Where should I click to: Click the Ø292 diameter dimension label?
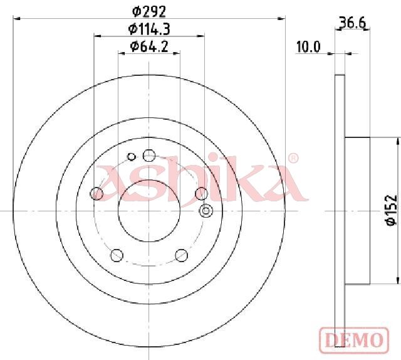click(149, 11)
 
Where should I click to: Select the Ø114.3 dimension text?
click(149, 29)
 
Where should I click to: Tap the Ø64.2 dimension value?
click(149, 46)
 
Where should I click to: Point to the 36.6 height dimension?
click(352, 23)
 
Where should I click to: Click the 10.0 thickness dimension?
click(308, 47)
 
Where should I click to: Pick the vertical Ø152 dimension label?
click(391, 210)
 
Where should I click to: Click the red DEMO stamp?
click(354, 339)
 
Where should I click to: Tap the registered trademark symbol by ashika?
click(293, 158)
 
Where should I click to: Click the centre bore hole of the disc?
click(149, 211)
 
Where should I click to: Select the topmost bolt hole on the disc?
click(149, 155)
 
